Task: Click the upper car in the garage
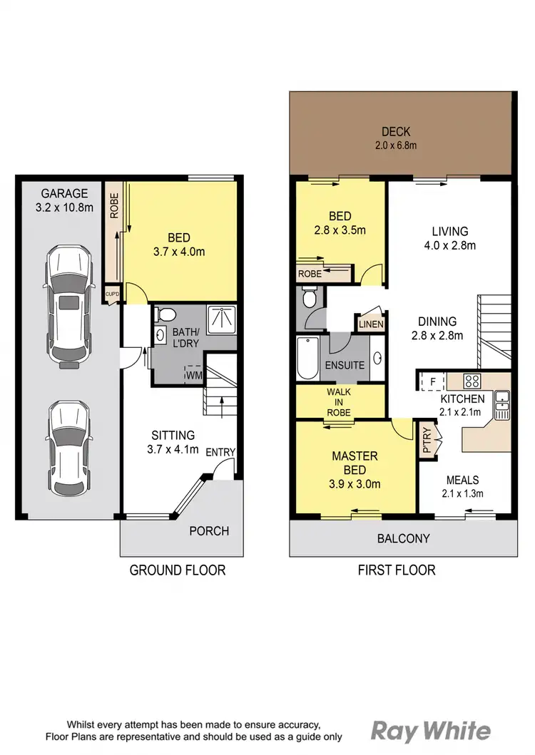click(69, 307)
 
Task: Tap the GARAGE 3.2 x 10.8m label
click(64, 201)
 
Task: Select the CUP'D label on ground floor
click(112, 294)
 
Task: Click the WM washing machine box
click(193, 372)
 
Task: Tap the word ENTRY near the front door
click(220, 452)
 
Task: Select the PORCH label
click(209, 531)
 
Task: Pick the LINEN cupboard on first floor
click(371, 324)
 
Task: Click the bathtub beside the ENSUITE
click(308, 358)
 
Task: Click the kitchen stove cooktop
click(473, 381)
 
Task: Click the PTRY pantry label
click(427, 441)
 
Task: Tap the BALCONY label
click(403, 538)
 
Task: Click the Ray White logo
click(431, 731)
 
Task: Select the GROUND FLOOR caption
click(177, 570)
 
